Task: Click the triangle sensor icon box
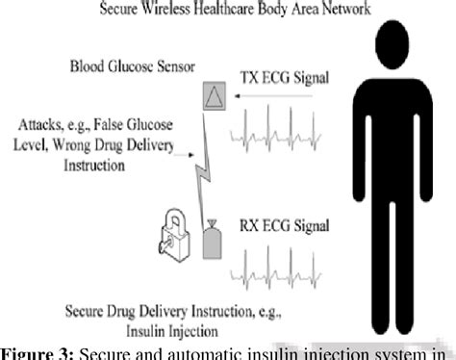click(213, 97)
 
